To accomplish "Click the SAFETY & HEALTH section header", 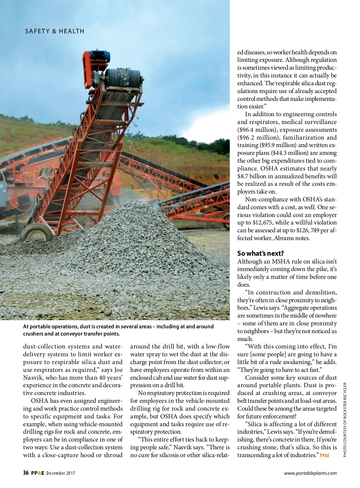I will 55,31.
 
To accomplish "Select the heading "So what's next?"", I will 260,253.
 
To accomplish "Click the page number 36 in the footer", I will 26,473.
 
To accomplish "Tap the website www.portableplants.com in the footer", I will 310,473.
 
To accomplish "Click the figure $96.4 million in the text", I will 257,130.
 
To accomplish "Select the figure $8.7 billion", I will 252,176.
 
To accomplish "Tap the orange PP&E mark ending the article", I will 325,455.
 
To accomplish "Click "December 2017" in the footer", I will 61,473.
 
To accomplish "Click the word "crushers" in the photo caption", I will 33,334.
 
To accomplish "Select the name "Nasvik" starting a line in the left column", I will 33,378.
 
